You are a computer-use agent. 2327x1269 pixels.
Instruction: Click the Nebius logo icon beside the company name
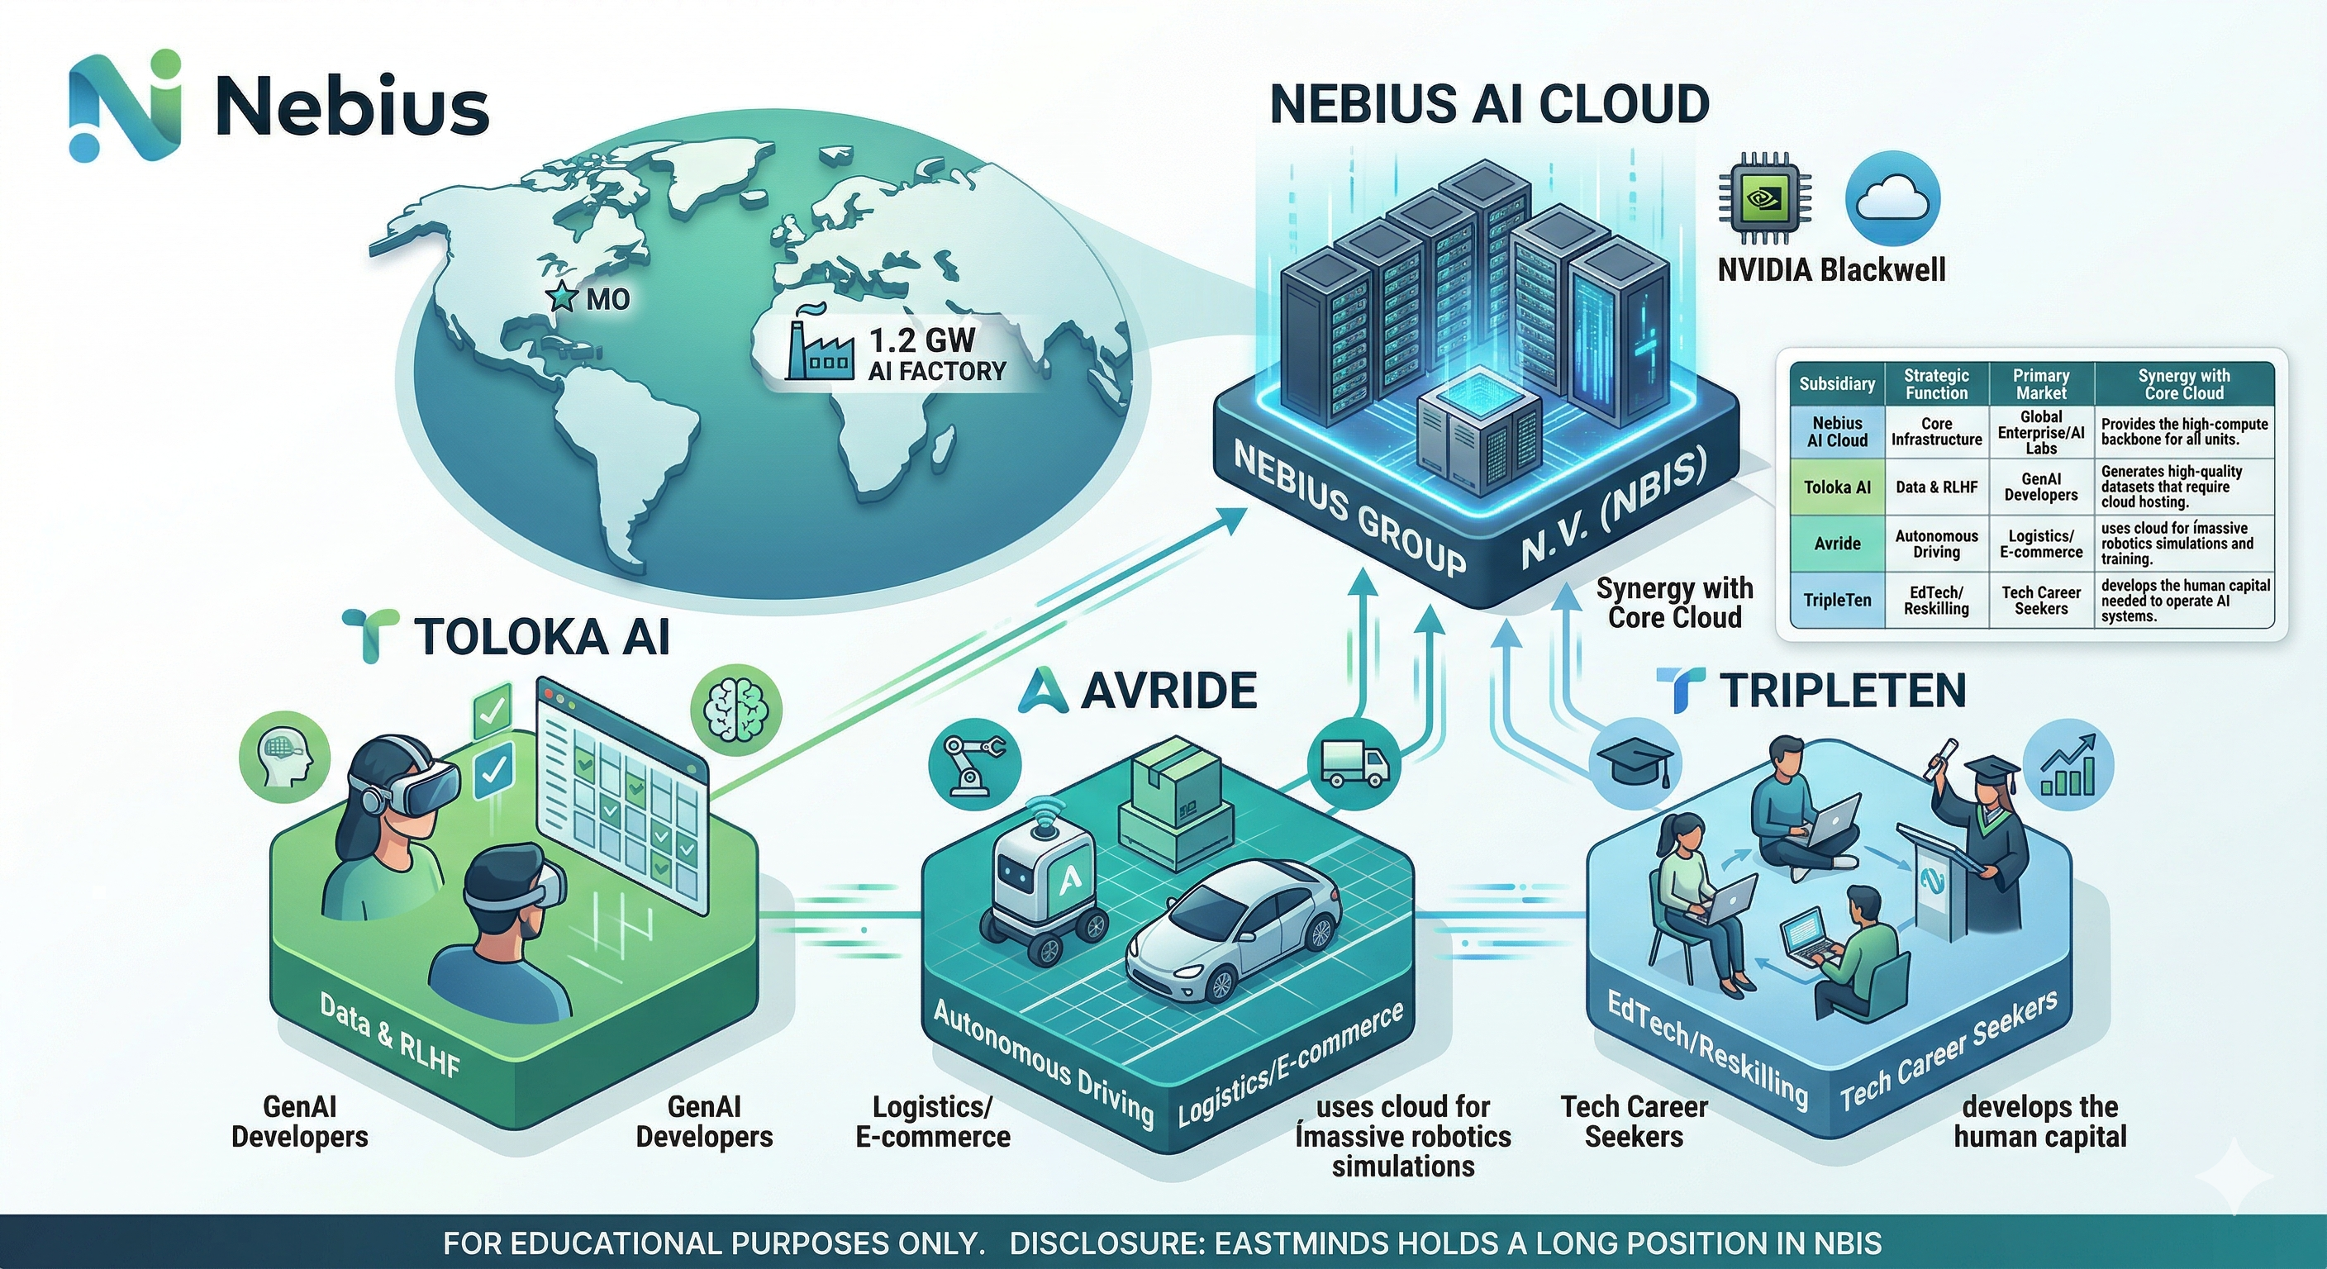click(x=125, y=107)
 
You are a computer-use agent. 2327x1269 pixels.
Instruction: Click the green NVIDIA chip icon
click(x=1763, y=199)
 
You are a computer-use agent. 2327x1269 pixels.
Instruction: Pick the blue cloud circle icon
click(x=1892, y=200)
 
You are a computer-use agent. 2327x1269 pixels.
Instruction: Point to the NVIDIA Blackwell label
click(x=1831, y=269)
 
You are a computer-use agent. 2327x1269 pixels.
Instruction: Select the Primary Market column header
click(x=2040, y=384)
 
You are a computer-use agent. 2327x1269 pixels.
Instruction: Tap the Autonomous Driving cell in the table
click(x=1936, y=544)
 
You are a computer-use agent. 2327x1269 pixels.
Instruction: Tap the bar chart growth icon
click(x=2068, y=764)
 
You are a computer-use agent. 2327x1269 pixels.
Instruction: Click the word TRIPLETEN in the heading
click(x=1842, y=691)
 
